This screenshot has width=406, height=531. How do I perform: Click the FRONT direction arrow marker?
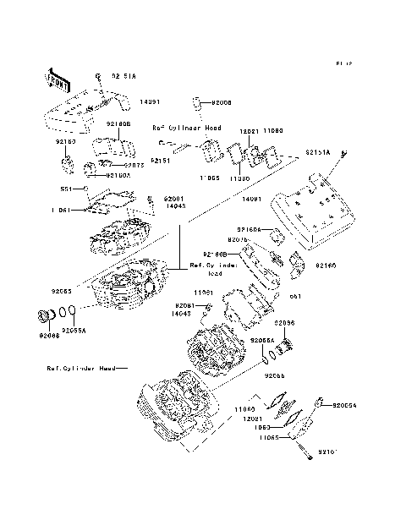[x=58, y=78]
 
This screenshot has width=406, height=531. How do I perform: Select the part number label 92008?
[x=219, y=102]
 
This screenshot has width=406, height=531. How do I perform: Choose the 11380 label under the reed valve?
[x=239, y=179]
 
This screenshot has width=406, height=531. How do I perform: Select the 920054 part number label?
[x=344, y=406]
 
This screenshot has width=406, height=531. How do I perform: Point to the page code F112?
[x=343, y=63]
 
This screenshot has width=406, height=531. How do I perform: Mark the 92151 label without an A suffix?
[x=162, y=159]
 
